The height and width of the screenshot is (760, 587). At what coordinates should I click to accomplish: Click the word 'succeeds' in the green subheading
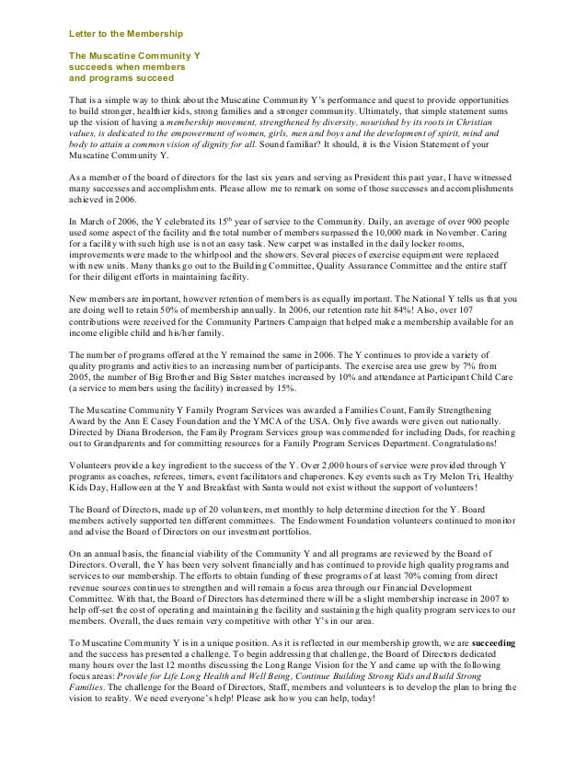[x=88, y=67]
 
